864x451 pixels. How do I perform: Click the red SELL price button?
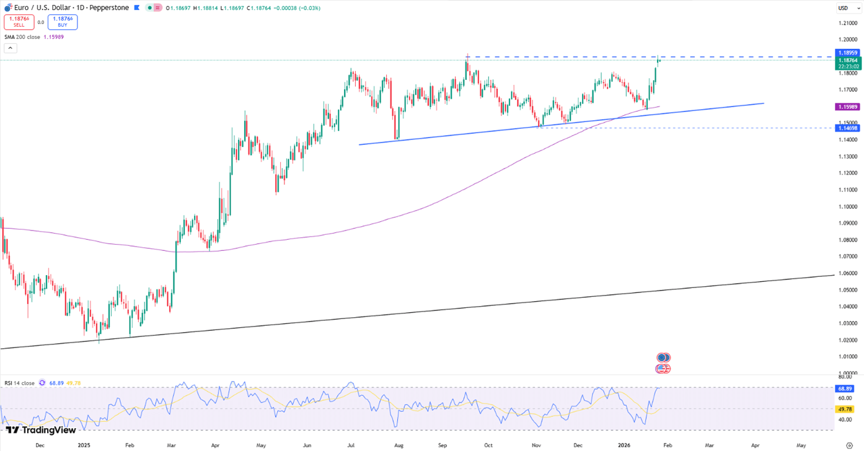point(19,22)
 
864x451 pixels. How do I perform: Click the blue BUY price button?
point(63,22)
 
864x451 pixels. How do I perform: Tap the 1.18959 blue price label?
point(847,53)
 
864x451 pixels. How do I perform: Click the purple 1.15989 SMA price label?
point(847,107)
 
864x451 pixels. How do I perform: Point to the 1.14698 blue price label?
point(847,128)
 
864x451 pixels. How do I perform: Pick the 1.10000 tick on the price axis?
point(847,206)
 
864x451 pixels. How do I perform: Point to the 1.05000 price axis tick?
point(847,290)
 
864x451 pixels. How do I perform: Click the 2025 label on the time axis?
point(84,445)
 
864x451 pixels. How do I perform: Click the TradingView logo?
point(41,430)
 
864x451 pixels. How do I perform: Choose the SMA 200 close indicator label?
point(22,37)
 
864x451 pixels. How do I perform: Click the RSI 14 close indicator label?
point(20,383)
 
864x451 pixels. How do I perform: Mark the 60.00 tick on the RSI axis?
point(844,398)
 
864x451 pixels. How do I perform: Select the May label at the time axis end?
point(801,445)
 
